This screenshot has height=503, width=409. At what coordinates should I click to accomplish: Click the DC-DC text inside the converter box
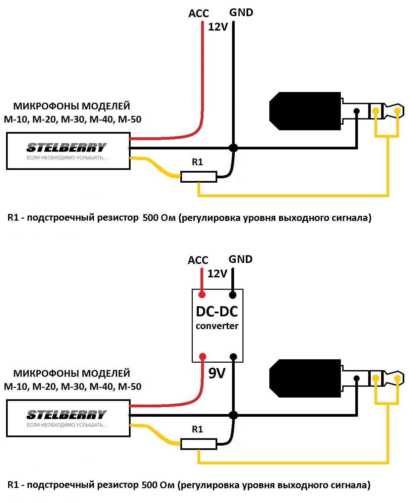click(217, 312)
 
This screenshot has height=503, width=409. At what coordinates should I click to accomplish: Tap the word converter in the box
click(217, 326)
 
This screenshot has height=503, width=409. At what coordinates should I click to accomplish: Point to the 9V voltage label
click(217, 373)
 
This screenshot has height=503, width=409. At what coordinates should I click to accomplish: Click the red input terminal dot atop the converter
click(202, 295)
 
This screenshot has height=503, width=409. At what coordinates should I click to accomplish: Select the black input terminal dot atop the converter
click(232, 295)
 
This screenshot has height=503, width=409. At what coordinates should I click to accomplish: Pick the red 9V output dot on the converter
click(202, 357)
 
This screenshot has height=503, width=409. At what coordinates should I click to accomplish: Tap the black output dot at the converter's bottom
click(233, 357)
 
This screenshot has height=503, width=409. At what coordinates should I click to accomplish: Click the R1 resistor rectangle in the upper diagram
click(198, 177)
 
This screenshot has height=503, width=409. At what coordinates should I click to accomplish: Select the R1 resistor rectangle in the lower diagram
click(198, 444)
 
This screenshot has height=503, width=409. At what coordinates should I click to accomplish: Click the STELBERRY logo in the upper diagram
click(66, 147)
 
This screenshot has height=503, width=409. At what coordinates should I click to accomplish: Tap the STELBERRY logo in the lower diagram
click(66, 415)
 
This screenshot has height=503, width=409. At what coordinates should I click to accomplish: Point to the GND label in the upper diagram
click(241, 13)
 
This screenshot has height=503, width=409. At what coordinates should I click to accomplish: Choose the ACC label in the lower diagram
click(198, 260)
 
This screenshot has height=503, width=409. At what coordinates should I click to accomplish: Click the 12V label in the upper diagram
click(218, 27)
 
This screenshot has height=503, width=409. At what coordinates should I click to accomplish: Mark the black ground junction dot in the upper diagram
click(233, 148)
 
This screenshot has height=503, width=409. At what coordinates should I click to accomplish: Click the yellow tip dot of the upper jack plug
click(397, 111)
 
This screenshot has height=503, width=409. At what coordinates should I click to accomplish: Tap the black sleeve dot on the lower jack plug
click(357, 378)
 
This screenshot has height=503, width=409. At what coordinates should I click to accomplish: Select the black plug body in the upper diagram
click(305, 111)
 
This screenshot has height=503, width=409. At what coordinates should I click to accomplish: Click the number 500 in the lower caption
click(149, 485)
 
